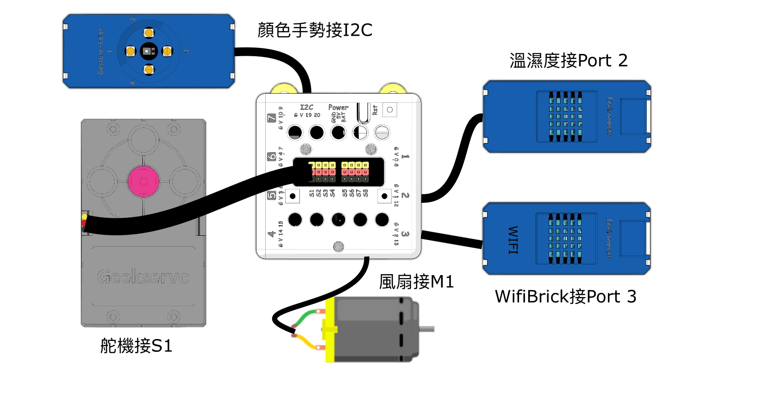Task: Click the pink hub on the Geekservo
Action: pyautogui.click(x=143, y=181)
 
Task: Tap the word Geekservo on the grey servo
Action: pyautogui.click(x=143, y=277)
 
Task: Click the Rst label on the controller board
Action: pyautogui.click(x=375, y=110)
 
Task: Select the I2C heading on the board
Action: pyautogui.click(x=307, y=107)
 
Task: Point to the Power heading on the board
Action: pyautogui.click(x=338, y=107)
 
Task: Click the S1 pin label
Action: pyautogui.click(x=312, y=193)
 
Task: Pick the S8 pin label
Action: pyautogui.click(x=366, y=193)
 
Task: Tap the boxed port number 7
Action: pyautogui.click(x=272, y=118)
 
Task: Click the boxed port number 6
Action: pyautogui.click(x=272, y=157)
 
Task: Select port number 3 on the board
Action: pyautogui.click(x=405, y=234)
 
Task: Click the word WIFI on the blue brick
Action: pyautogui.click(x=513, y=239)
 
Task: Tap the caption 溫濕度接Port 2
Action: pyautogui.click(x=568, y=60)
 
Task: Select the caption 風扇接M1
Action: pyautogui.click(x=416, y=281)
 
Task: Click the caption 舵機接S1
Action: pyautogui.click(x=136, y=346)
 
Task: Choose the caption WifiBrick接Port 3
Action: pyautogui.click(x=566, y=297)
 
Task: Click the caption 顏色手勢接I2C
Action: pyautogui.click(x=315, y=30)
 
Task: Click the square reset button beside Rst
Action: pyautogui.click(x=389, y=110)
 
